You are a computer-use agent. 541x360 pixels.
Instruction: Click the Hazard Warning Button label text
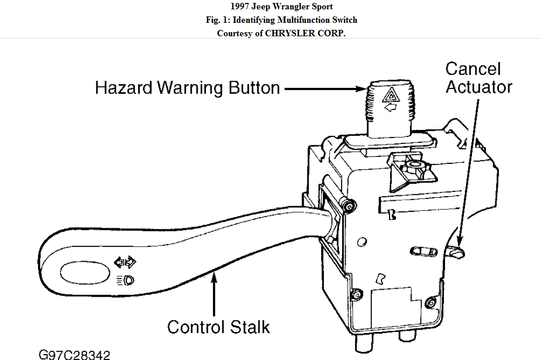click(188, 88)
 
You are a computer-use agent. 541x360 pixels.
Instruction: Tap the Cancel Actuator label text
click(478, 78)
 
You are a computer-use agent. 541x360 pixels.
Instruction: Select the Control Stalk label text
click(219, 326)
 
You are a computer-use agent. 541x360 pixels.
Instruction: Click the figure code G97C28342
click(74, 354)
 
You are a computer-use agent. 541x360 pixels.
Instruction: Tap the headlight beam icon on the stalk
click(125, 280)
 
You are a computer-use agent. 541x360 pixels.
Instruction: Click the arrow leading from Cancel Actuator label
click(468, 170)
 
